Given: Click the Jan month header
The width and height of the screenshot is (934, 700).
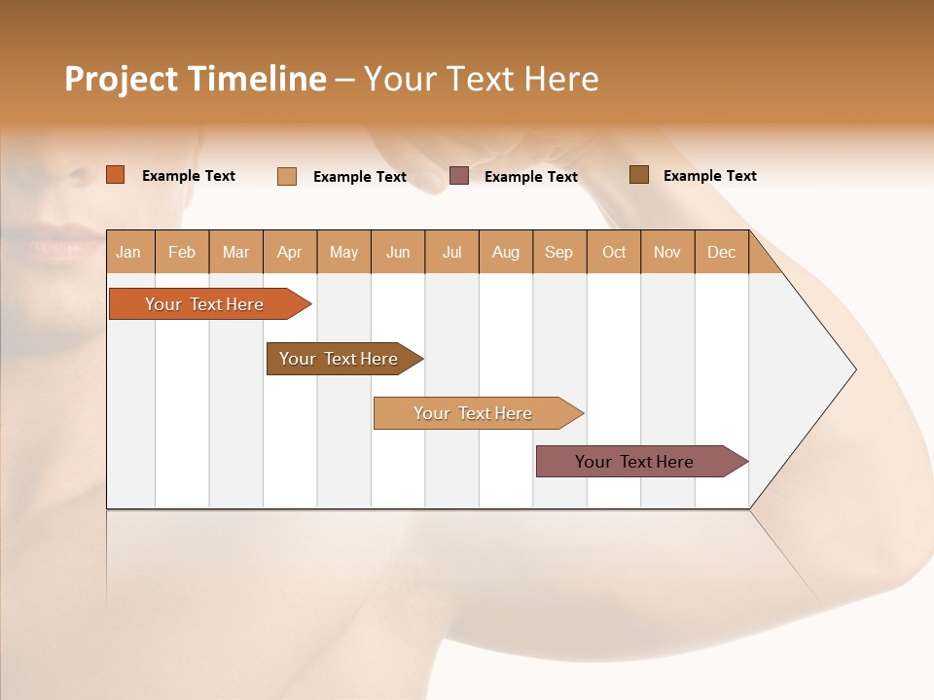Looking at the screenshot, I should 128,252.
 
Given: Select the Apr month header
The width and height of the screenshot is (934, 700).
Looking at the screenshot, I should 289,252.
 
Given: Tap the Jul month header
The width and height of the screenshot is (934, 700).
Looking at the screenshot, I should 451,252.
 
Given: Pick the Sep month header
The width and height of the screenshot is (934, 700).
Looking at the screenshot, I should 558,252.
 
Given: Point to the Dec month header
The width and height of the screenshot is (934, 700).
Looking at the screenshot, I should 721,252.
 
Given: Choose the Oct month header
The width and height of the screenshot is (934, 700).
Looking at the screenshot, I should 614,252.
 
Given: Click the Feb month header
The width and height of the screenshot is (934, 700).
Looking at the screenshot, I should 182,252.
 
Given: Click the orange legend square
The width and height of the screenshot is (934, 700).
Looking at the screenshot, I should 116,175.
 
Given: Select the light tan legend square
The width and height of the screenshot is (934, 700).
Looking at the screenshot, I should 287,176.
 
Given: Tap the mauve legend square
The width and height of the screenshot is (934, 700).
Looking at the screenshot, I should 459,176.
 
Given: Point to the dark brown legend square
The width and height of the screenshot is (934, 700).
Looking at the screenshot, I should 639,175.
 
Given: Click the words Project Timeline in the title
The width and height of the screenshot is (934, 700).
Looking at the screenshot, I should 195,79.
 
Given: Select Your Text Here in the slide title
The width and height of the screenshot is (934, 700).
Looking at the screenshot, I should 481,79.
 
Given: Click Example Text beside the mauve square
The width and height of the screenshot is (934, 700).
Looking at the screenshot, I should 530,177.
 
